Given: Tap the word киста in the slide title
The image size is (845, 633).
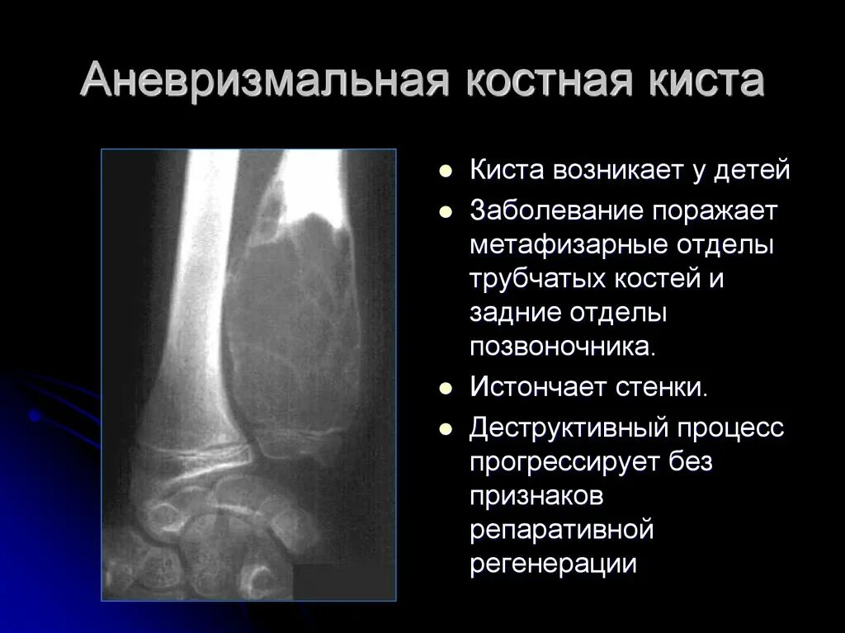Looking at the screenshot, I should pos(709,82).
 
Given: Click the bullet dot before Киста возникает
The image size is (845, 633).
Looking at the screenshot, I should pos(446,172).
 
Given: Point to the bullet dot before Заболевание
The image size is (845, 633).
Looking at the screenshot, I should pos(446,211).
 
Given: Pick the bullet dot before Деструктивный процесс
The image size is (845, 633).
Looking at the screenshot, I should pos(446,429).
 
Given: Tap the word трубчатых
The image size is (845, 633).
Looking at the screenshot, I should pos(539,279).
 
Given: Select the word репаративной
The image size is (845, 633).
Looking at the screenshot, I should pos(561,529).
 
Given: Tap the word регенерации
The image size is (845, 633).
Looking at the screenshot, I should pos(553,564).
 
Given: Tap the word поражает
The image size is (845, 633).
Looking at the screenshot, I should pos(716,210).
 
